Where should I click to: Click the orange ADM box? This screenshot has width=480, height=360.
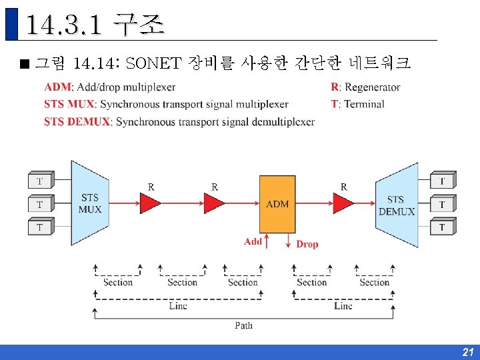[277, 203]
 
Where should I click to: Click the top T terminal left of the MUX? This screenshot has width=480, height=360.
[39, 181]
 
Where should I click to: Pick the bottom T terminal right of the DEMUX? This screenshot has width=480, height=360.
[441, 228]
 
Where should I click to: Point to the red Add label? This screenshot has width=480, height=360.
[253, 241]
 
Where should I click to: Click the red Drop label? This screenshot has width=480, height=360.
[307, 245]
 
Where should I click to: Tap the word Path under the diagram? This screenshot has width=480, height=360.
[243, 325]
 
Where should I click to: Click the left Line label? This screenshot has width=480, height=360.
[178, 306]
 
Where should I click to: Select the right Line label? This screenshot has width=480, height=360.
[343, 306]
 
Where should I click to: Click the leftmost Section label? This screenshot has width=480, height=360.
[117, 283]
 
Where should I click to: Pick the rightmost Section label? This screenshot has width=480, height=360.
[375, 283]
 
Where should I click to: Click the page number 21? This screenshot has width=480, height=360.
[467, 352]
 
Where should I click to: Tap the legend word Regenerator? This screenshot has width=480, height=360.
[372, 87]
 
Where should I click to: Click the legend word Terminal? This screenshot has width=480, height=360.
[364, 104]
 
